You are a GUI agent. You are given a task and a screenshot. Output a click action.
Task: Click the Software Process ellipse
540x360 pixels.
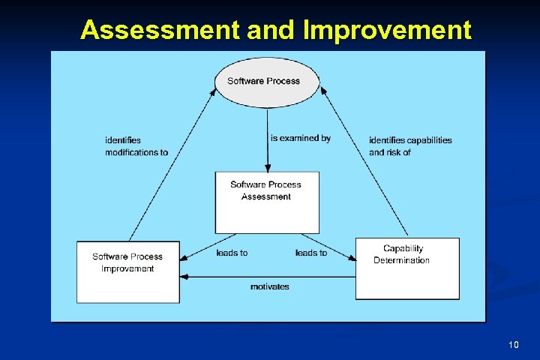pyautogui.click(x=267, y=82)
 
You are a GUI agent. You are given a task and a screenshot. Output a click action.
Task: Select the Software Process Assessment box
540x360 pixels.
pyautogui.click(x=266, y=202)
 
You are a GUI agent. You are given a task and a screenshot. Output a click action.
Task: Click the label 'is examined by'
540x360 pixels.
pyautogui.click(x=300, y=138)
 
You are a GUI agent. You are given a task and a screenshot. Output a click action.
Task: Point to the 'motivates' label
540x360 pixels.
pyautogui.click(x=269, y=286)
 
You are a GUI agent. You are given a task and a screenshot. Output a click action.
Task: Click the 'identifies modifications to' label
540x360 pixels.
pyautogui.click(x=136, y=146)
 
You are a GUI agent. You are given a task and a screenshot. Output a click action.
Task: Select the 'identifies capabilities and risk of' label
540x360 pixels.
pyautogui.click(x=410, y=146)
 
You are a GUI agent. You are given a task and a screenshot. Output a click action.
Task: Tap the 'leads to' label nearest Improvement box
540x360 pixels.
pyautogui.click(x=232, y=253)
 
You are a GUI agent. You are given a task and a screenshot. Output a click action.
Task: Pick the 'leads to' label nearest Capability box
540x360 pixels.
pyautogui.click(x=311, y=253)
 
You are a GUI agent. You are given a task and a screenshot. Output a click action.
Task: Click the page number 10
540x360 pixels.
pyautogui.click(x=513, y=344)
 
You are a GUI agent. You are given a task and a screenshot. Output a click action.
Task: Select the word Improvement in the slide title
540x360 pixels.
pyautogui.click(x=387, y=30)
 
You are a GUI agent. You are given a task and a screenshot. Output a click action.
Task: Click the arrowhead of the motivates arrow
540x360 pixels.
pyautogui.click(x=184, y=277)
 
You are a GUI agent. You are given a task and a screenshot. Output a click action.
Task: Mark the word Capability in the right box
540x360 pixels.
pyautogui.click(x=403, y=248)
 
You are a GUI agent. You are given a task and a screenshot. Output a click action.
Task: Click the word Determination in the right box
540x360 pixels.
pyautogui.click(x=401, y=260)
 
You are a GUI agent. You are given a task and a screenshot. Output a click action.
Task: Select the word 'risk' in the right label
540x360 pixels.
pyautogui.click(x=397, y=152)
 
